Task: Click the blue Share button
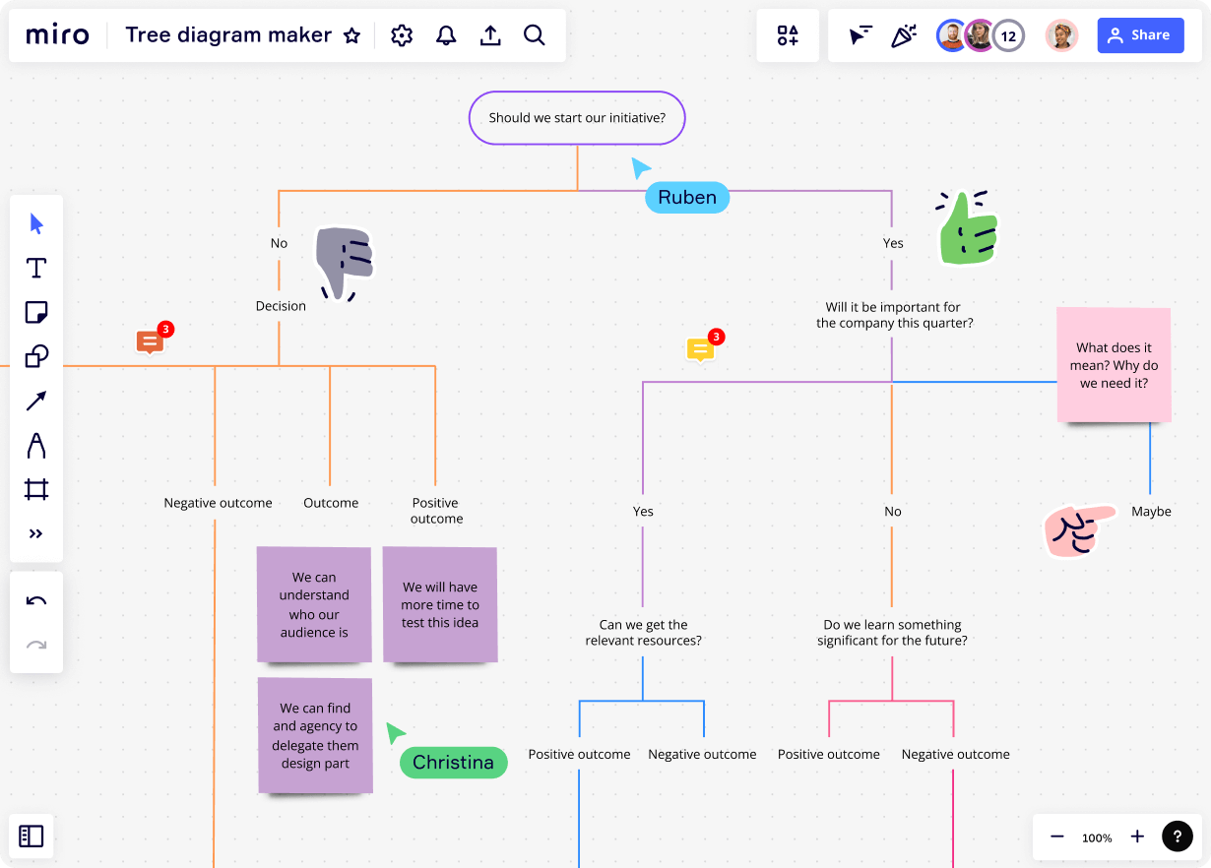tap(1140, 35)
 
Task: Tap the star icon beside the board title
tap(351, 36)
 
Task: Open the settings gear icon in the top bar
tap(401, 35)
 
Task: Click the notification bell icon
tap(446, 35)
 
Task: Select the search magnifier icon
tap(534, 35)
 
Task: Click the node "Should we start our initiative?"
tap(577, 118)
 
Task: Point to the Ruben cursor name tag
tap(687, 197)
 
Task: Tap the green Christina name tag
tap(453, 763)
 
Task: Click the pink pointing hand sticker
tap(1077, 529)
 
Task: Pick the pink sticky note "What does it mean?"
tap(1114, 365)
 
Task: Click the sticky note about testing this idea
tap(440, 604)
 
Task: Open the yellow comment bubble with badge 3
tap(700, 349)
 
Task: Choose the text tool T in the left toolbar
tap(36, 268)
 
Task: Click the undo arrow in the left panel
tap(36, 601)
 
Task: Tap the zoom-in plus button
tap(1137, 837)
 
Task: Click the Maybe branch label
tap(1151, 512)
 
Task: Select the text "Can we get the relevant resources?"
tap(643, 632)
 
